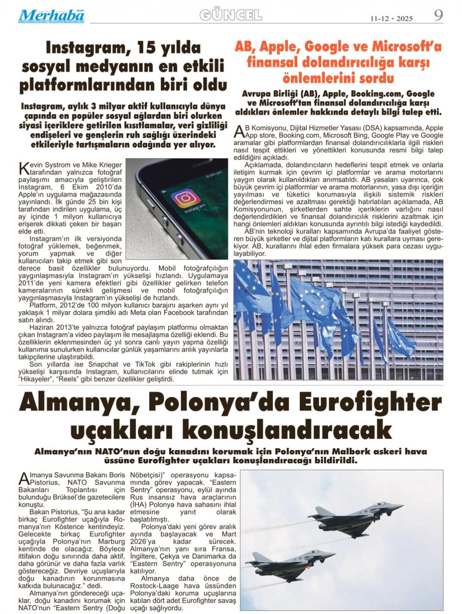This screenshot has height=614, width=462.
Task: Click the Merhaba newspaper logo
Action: [x=51, y=16]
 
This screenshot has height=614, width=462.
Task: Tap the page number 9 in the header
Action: [x=438, y=16]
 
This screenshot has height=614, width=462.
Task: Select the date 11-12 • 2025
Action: [x=391, y=19]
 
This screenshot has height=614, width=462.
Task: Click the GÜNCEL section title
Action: [x=231, y=16]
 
